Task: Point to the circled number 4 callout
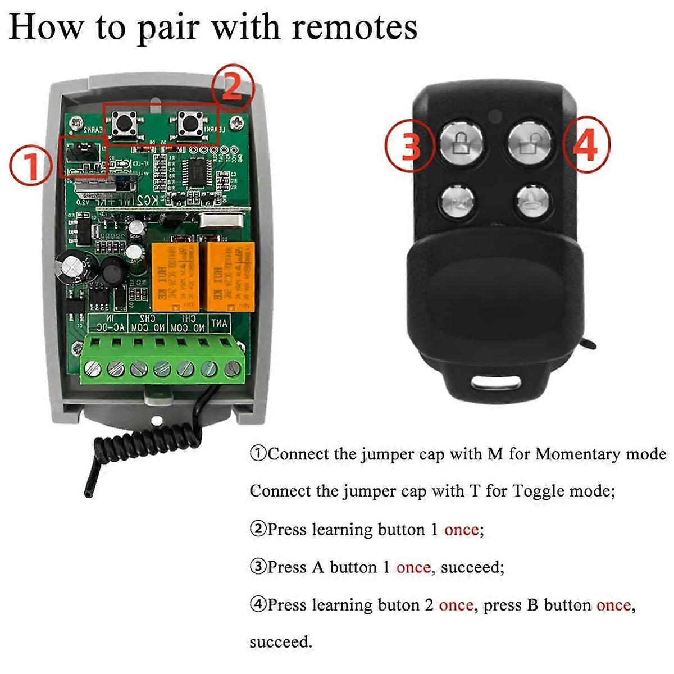coord(586,145)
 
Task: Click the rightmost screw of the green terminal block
coord(231,369)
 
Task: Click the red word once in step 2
coord(462,530)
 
